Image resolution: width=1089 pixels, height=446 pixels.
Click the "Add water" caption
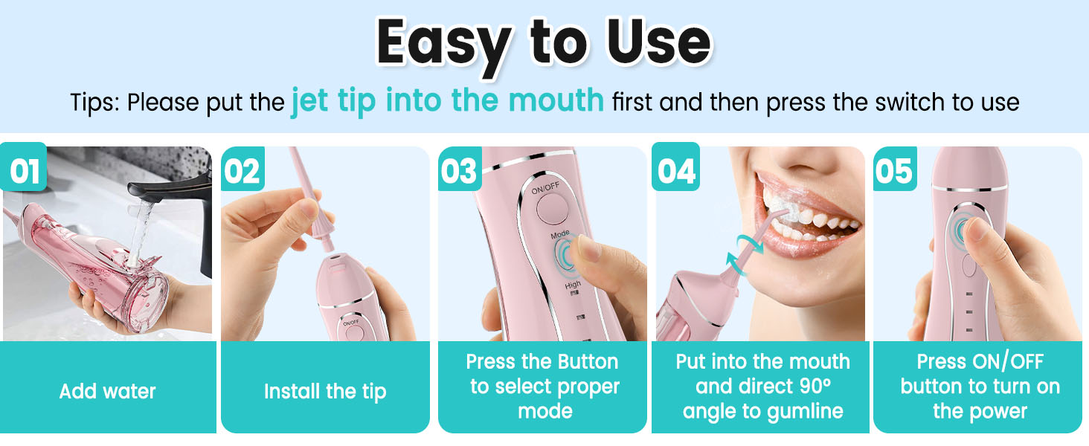pos(108,391)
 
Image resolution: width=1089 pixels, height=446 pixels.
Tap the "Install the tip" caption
pos(325,391)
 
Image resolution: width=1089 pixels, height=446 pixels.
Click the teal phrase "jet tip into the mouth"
pos(447,100)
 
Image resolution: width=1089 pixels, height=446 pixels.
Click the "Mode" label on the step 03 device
pos(560,234)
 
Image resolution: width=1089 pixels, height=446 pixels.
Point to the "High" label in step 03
pos(573,285)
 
